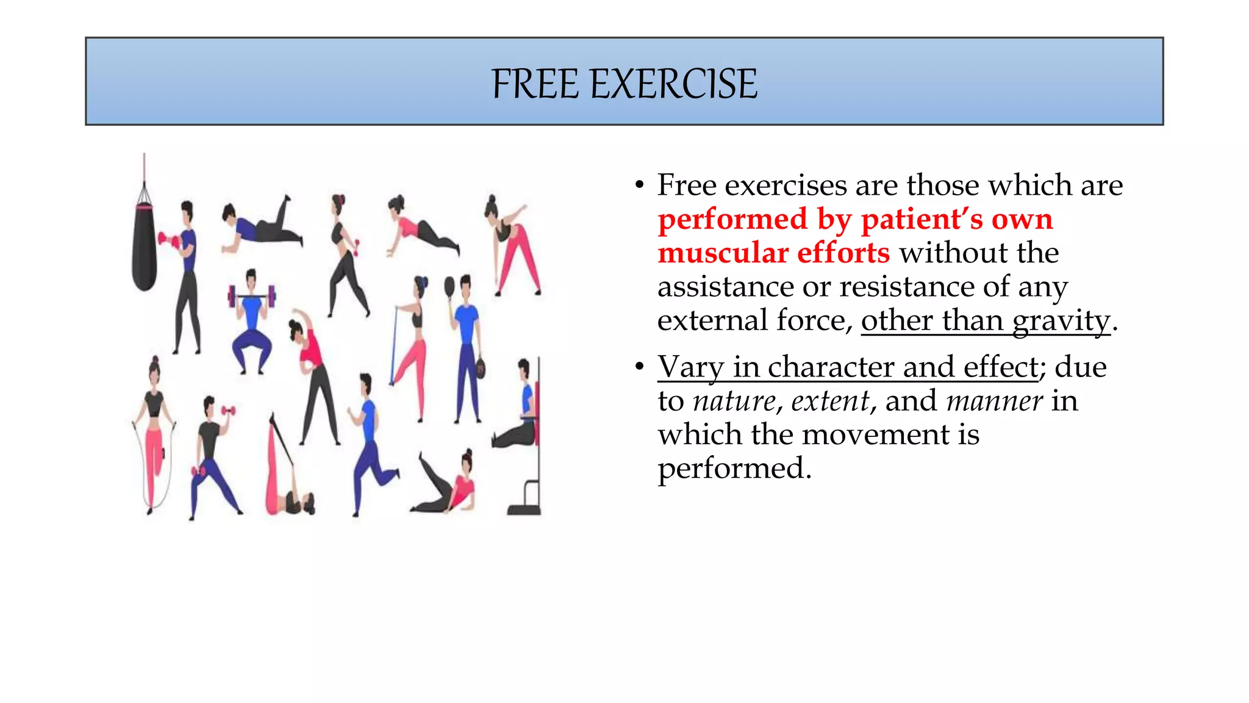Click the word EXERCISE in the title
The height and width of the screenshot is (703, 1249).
[x=674, y=84]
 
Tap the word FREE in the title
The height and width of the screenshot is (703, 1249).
[x=535, y=84]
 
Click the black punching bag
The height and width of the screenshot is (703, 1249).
[x=145, y=247]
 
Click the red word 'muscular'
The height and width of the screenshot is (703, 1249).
[x=721, y=253]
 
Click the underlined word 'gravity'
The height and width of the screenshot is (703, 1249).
[x=1061, y=321]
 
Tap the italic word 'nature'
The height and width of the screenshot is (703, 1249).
[x=735, y=402]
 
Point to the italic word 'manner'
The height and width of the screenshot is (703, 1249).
[x=994, y=402]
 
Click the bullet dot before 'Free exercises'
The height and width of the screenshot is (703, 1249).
[x=639, y=185]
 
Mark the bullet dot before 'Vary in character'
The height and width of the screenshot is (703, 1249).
[x=639, y=367]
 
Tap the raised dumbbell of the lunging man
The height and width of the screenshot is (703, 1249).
[x=229, y=411]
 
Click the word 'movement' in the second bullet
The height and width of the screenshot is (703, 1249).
[x=871, y=435]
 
